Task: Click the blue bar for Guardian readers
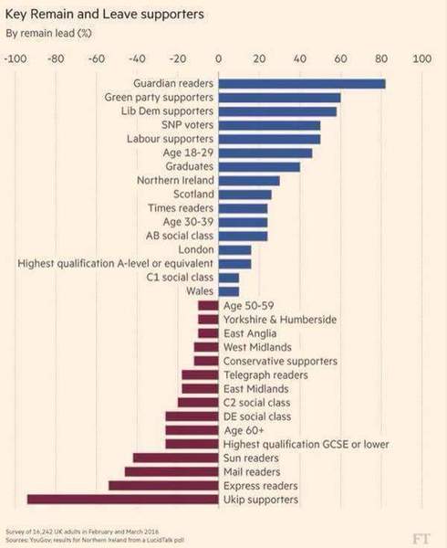tap(301, 83)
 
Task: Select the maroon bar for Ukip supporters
tap(123, 500)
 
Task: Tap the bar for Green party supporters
tap(279, 97)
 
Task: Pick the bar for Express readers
tap(163, 486)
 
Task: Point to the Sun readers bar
tap(176, 458)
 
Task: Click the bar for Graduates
tap(259, 166)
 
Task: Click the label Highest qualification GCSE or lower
tap(306, 444)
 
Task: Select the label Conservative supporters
tap(280, 361)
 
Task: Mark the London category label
tap(196, 249)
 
